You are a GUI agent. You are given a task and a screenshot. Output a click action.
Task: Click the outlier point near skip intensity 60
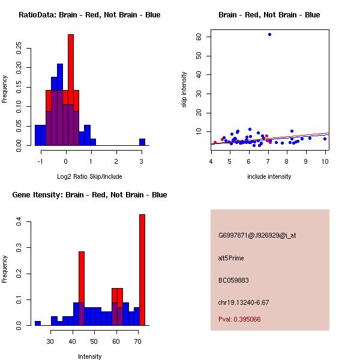tap(269, 34)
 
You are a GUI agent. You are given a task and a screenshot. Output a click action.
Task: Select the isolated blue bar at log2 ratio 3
tap(142, 142)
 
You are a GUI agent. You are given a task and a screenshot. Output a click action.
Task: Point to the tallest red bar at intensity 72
tap(142, 270)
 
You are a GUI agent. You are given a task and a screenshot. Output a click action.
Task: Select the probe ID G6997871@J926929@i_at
tap(257, 235)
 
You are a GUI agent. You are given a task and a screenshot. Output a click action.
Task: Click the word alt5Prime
tap(231, 258)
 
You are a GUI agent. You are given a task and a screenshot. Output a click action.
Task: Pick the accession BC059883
tap(233, 280)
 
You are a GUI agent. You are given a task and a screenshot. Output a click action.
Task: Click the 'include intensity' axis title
tap(269, 176)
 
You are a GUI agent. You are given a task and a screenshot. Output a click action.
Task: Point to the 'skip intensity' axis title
tap(185, 90)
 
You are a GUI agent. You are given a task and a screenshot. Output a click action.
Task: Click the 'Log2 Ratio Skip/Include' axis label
tap(89, 176)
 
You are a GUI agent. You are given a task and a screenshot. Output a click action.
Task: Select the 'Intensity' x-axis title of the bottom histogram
tap(89, 356)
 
